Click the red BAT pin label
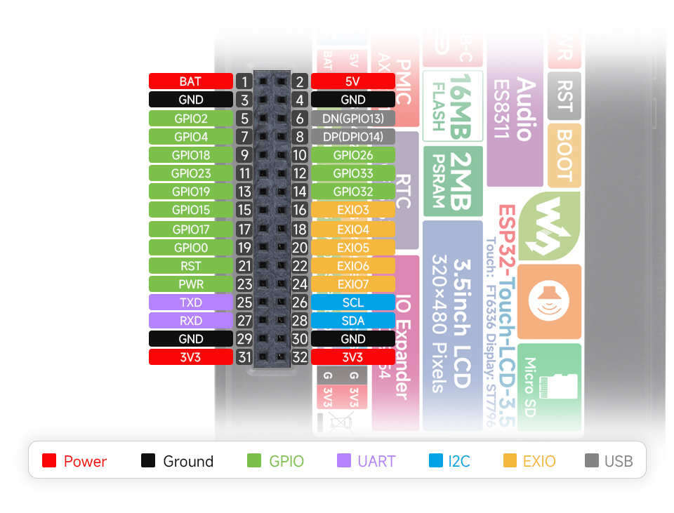(x=190, y=81)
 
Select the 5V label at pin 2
(x=352, y=81)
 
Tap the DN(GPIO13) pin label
(x=352, y=119)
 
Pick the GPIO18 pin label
(x=190, y=155)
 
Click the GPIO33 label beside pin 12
(x=352, y=173)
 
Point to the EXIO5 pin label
(x=352, y=248)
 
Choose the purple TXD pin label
(x=190, y=302)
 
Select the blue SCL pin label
(x=352, y=302)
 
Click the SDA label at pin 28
(x=352, y=321)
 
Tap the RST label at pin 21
(x=190, y=266)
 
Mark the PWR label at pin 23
(x=190, y=284)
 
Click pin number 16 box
(x=300, y=210)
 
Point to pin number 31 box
(x=244, y=357)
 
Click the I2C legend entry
(x=449, y=461)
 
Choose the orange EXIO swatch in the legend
(x=510, y=461)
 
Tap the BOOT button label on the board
(x=564, y=154)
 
